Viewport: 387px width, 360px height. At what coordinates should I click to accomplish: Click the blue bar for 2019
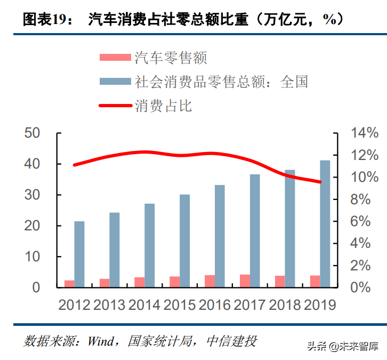[325, 223]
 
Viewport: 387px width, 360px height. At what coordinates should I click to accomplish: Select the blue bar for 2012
[79, 254]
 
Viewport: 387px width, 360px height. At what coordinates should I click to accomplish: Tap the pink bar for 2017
[245, 281]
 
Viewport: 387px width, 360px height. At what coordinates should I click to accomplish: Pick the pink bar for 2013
[104, 283]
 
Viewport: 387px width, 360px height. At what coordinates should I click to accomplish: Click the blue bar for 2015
[184, 241]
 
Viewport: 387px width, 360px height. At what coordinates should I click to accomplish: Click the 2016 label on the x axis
[215, 305]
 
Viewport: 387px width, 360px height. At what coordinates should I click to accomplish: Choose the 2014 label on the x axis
[145, 305]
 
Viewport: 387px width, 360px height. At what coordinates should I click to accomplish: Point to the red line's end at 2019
[320, 182]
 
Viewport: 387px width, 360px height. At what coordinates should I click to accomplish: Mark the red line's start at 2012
[74, 165]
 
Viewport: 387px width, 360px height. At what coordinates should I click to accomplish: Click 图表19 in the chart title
[47, 20]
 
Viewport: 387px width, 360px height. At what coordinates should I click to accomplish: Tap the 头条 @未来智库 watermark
[342, 346]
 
